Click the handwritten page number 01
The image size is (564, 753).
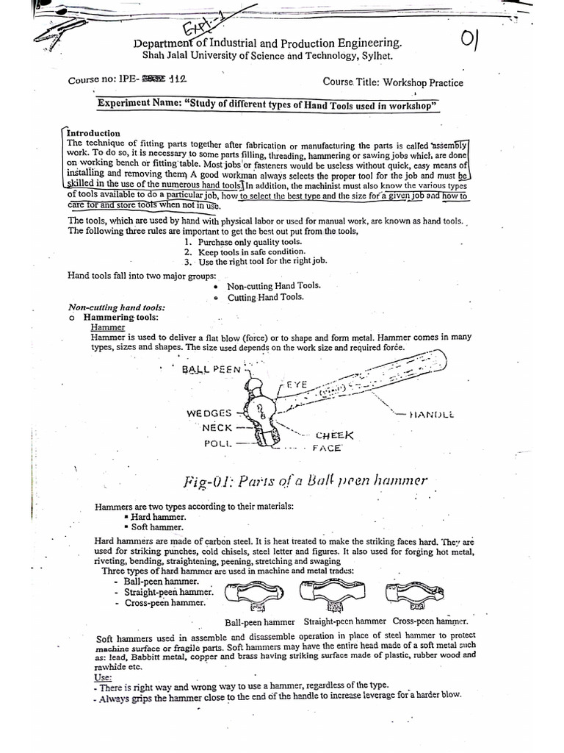pyautogui.click(x=470, y=40)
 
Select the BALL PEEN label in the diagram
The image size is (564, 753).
pyautogui.click(x=211, y=369)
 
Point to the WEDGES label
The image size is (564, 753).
pyautogui.click(x=209, y=413)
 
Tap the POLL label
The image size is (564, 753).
pyautogui.click(x=218, y=443)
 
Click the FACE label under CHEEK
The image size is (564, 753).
pyautogui.click(x=327, y=447)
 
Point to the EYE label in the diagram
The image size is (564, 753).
pyautogui.click(x=296, y=385)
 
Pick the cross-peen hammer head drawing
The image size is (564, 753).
pyautogui.click(x=410, y=594)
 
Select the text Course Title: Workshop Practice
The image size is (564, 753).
pyautogui.click(x=393, y=82)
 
